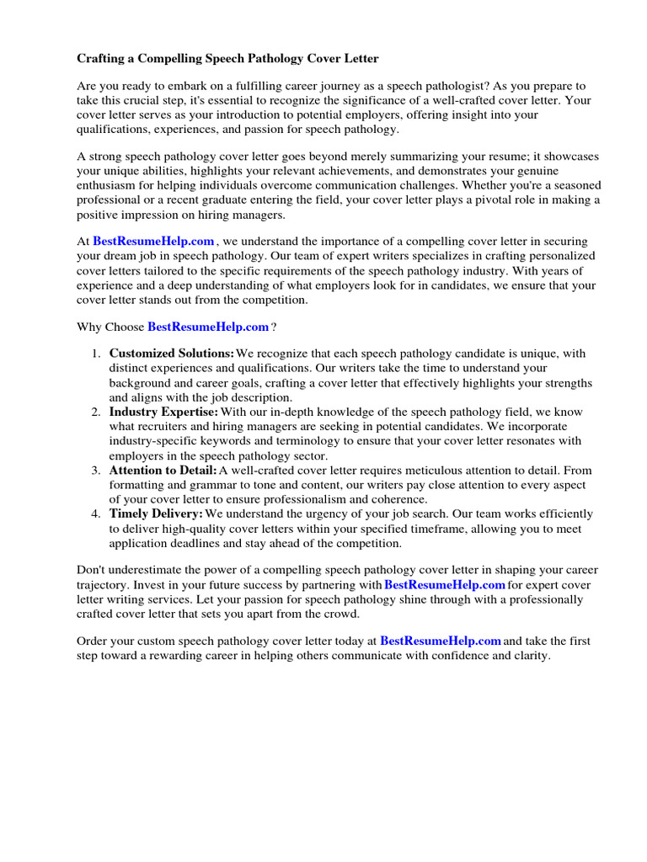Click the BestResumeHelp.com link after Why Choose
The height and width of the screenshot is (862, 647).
(208, 327)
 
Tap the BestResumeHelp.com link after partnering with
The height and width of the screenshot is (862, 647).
(445, 585)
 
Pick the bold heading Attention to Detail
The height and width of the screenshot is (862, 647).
(163, 470)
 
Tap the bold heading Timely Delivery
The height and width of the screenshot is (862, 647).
(156, 513)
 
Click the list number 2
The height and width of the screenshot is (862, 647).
(95, 412)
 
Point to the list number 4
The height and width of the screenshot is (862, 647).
(95, 513)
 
